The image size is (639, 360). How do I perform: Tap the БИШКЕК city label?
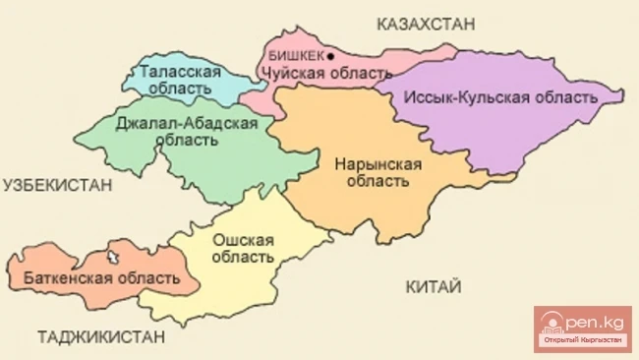pos(295,56)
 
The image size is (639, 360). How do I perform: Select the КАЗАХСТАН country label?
pos(426,22)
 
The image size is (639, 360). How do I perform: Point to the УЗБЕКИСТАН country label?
pos(57,184)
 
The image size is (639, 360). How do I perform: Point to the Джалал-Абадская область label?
pos(187,131)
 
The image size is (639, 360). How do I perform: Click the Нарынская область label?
pos(378,172)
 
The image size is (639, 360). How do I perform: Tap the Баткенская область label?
pos(96,278)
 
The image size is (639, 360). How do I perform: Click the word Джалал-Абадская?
pos(187,123)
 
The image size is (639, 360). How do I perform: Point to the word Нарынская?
pos(378,163)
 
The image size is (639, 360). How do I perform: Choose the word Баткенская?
pos(63,278)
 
